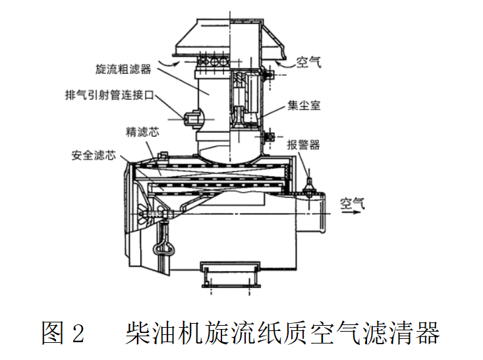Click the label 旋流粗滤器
click(x=123, y=69)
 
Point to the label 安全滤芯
click(x=94, y=156)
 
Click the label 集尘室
click(x=304, y=105)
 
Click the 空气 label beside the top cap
click(x=308, y=63)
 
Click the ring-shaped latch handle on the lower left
click(x=165, y=248)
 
